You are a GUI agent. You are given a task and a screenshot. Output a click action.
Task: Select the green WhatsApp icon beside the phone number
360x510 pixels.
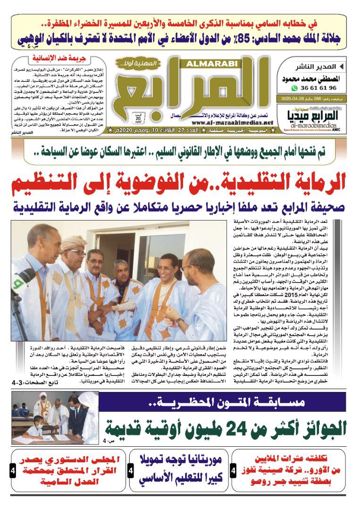(x=295, y=88)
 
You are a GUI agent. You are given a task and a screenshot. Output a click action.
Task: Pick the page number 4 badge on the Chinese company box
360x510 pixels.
(x=234, y=471)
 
